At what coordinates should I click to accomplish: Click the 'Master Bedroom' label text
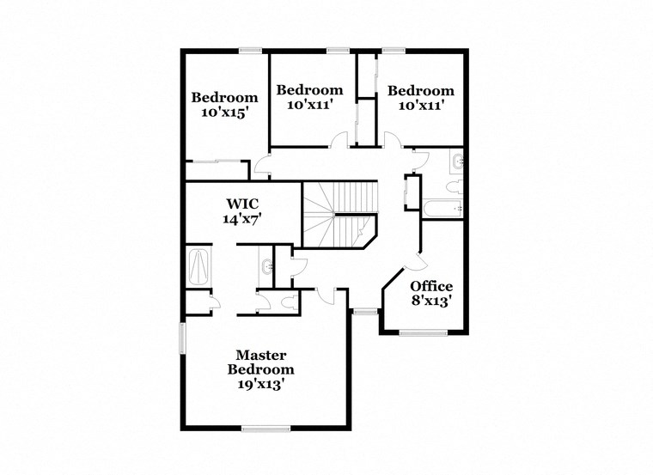pyautogui.click(x=260, y=362)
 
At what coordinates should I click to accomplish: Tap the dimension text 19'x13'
pyautogui.click(x=260, y=384)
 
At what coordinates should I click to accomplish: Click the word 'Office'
pyautogui.click(x=431, y=286)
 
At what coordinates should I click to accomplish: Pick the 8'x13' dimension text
pyautogui.click(x=431, y=301)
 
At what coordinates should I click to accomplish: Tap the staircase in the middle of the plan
pyautogui.click(x=339, y=214)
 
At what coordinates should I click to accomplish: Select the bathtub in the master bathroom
pyautogui.click(x=199, y=266)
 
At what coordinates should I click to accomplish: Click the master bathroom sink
pyautogui.click(x=267, y=267)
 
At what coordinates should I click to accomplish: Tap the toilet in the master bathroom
pyautogui.click(x=288, y=302)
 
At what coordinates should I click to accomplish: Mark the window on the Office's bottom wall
pyautogui.click(x=423, y=332)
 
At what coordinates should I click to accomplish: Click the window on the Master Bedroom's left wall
pyautogui.click(x=181, y=337)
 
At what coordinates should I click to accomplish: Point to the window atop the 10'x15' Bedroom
pyautogui.click(x=250, y=51)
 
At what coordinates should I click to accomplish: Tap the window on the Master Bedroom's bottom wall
pyautogui.click(x=265, y=428)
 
